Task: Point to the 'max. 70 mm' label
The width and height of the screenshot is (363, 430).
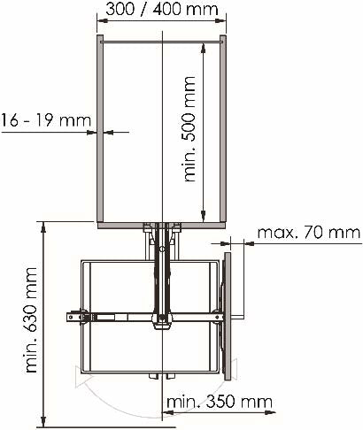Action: coord(308,233)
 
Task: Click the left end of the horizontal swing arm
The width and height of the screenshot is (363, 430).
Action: coord(69,316)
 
